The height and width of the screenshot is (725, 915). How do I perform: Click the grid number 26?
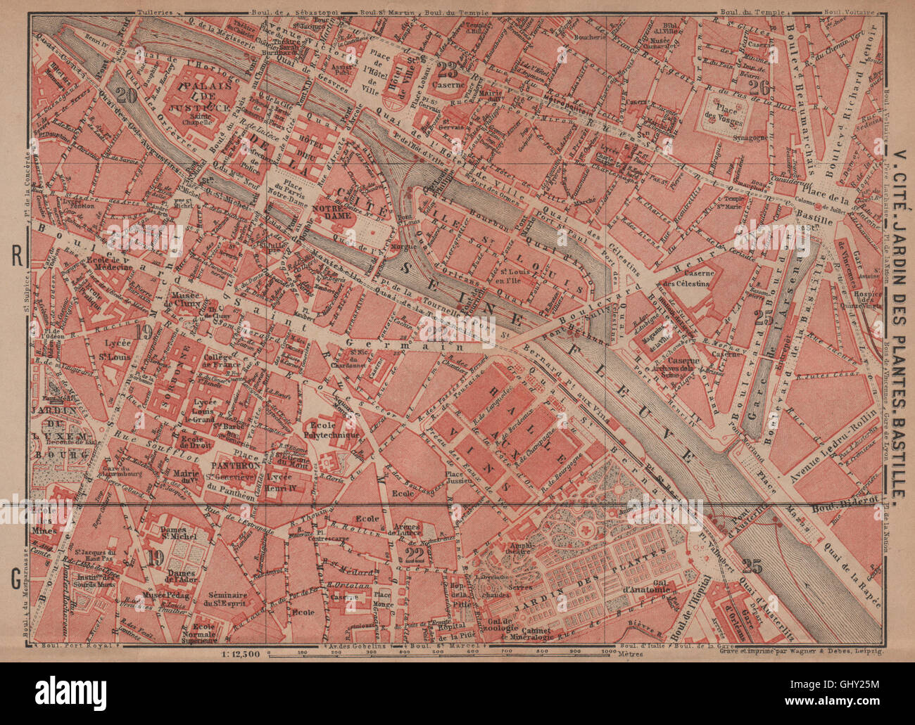click(758, 87)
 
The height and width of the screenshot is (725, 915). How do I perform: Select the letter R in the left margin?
click(15, 257)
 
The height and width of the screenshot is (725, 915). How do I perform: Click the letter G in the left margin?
click(15, 580)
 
